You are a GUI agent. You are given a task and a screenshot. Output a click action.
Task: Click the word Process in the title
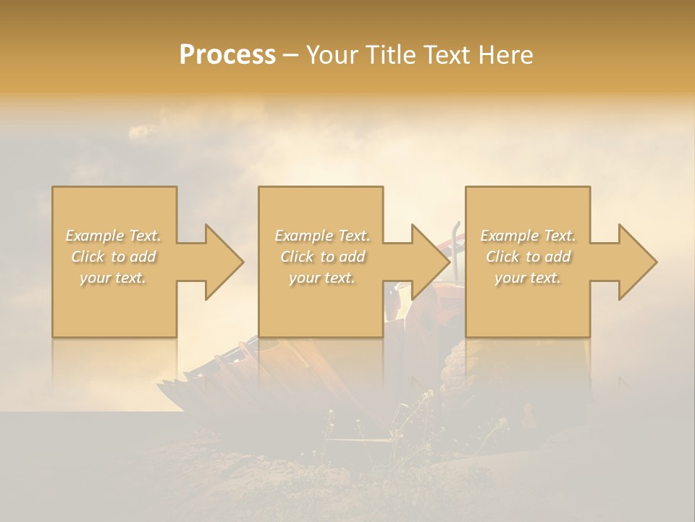tap(227, 55)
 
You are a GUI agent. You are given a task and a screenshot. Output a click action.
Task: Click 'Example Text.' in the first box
tap(114, 236)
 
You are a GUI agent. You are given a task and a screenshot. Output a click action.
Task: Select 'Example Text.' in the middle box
tap(322, 236)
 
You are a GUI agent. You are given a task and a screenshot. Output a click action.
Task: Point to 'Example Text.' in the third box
tap(528, 236)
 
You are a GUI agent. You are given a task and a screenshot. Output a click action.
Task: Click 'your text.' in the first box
tap(114, 278)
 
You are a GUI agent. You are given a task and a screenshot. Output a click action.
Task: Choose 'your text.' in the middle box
tap(322, 278)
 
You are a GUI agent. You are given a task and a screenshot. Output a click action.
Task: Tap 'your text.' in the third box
tap(528, 278)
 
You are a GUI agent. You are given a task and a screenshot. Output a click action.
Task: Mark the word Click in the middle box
tap(296, 257)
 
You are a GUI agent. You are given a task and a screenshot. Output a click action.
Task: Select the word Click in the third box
tap(502, 257)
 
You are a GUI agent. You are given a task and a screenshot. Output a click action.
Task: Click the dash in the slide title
tap(291, 55)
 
